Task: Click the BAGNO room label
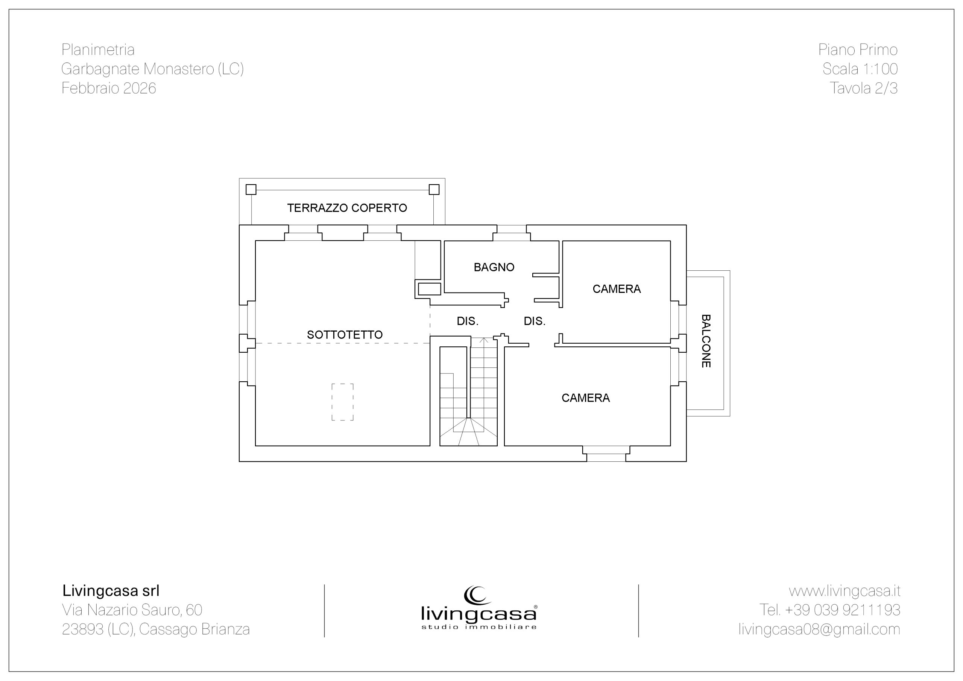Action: click(x=494, y=267)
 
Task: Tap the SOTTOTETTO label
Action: click(x=345, y=335)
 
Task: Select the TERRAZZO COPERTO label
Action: click(x=347, y=208)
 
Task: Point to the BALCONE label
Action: click(x=706, y=341)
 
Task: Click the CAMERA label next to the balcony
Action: click(x=617, y=289)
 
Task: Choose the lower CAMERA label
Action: click(x=586, y=398)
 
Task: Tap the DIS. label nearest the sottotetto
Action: click(x=468, y=321)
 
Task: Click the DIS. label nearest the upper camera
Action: click(x=534, y=321)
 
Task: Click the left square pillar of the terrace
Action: click(x=251, y=190)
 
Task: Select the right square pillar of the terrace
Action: click(x=434, y=190)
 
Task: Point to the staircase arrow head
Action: click(x=484, y=339)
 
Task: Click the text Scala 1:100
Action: click(x=860, y=69)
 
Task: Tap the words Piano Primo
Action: click(x=858, y=50)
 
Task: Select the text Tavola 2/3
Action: click(x=864, y=88)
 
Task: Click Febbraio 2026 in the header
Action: click(x=109, y=88)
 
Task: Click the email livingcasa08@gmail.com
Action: click(x=819, y=629)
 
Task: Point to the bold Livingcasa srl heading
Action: click(x=111, y=591)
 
